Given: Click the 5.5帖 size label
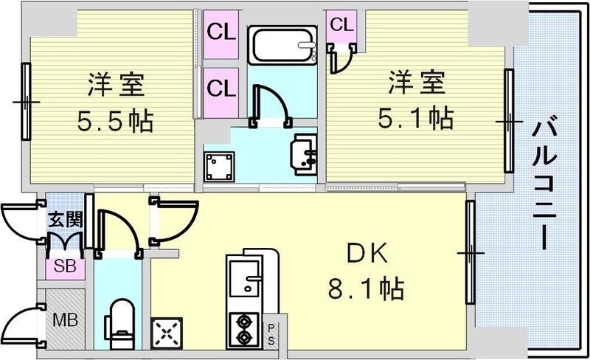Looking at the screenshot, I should [115, 120].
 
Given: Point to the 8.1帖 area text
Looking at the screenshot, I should [366, 288].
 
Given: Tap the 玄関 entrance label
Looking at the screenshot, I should [64, 219].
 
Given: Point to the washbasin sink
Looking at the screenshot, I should [305, 151].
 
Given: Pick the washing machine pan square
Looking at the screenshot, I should [219, 167].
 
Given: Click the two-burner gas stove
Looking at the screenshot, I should [243, 328].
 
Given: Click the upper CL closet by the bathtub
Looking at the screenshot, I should [221, 33].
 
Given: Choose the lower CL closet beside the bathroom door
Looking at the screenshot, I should [221, 89].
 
